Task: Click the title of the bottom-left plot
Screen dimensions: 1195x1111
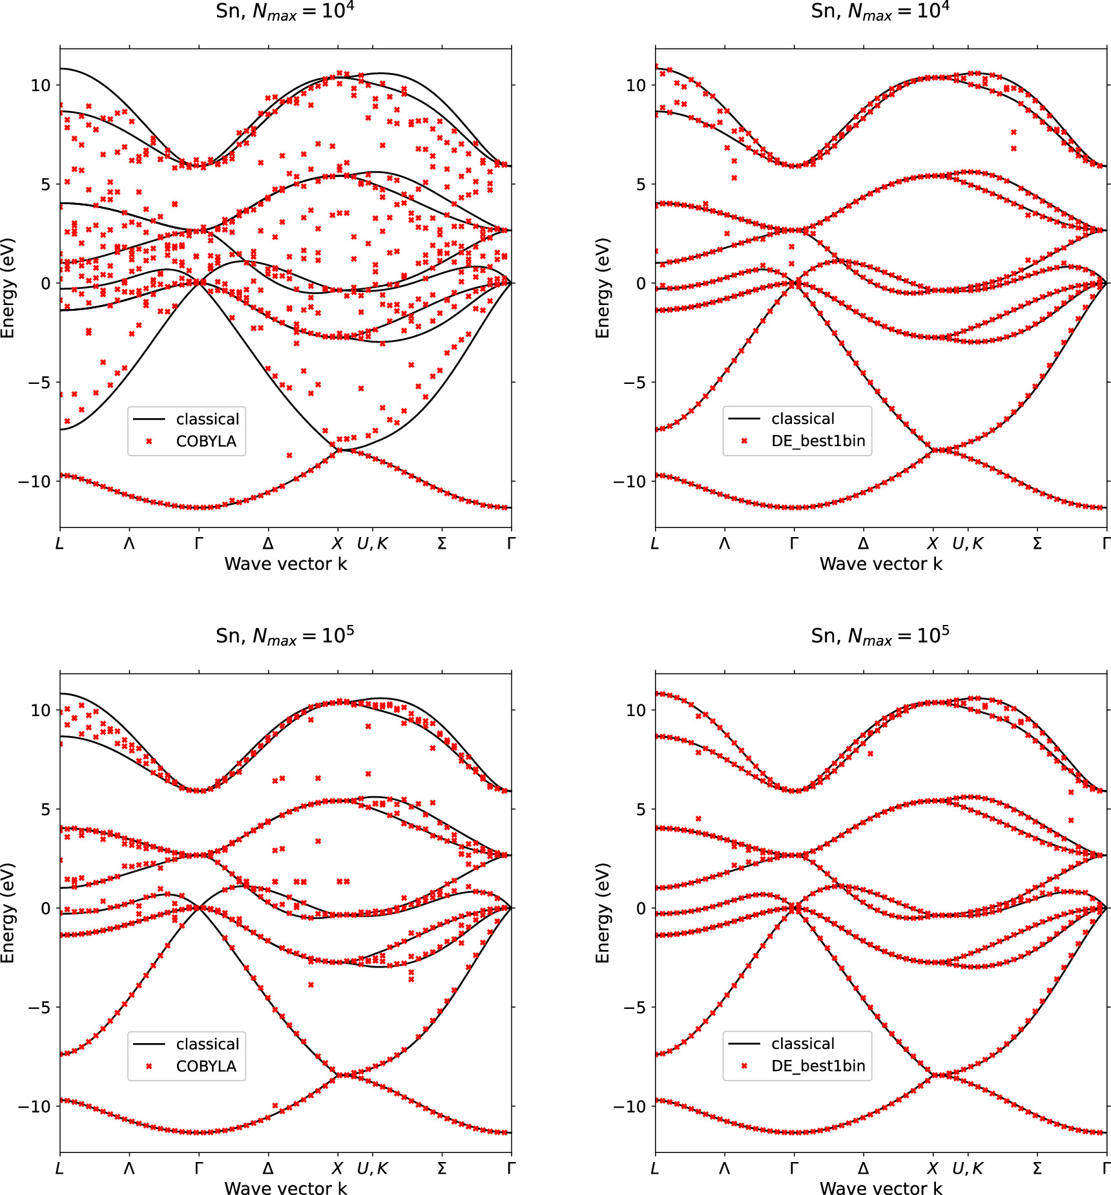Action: coord(285,636)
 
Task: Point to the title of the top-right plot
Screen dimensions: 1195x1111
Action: coord(880,11)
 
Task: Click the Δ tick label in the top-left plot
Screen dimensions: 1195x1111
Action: coord(268,544)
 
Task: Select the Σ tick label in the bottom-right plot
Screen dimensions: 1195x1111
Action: coord(1037,1169)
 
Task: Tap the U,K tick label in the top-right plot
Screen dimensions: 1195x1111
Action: coord(967,544)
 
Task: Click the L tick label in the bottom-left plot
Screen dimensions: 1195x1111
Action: coord(59,1169)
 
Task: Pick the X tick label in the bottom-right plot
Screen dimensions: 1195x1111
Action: coord(932,1169)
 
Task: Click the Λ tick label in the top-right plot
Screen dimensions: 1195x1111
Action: coord(724,544)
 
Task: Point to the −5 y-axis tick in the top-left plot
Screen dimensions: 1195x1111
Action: coord(39,383)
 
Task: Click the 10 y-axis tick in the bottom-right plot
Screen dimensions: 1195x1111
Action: coord(636,710)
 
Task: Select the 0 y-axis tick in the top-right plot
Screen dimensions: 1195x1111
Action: coord(640,283)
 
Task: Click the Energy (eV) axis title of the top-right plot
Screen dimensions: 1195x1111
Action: coord(602,288)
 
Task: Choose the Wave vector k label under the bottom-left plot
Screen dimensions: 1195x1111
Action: coord(285,1188)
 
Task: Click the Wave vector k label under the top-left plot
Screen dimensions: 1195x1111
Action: coord(285,564)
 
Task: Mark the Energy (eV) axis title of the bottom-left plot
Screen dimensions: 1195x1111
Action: coord(7,913)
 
